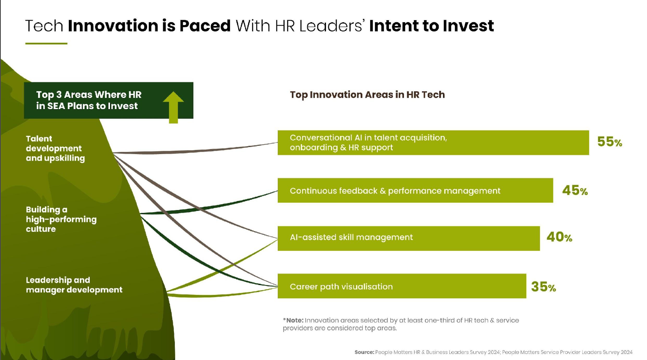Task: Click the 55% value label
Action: [609, 142]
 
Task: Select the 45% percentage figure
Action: [575, 191]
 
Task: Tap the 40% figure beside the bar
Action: [559, 237]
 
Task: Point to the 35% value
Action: [543, 287]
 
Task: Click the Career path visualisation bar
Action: [402, 286]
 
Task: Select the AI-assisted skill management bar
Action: [409, 238]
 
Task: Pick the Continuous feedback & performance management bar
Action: [415, 191]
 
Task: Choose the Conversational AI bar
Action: [433, 143]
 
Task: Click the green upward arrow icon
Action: [173, 108]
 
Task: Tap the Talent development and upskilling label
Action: [56, 148]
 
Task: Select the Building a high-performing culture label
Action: [61, 219]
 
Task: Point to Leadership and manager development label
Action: [74, 285]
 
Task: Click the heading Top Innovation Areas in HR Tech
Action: [368, 95]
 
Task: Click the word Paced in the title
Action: [205, 26]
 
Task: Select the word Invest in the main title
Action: [468, 26]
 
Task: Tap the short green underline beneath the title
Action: [46, 44]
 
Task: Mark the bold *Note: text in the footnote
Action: [293, 320]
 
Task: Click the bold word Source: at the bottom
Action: [364, 352]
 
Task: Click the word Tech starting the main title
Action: [44, 26]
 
